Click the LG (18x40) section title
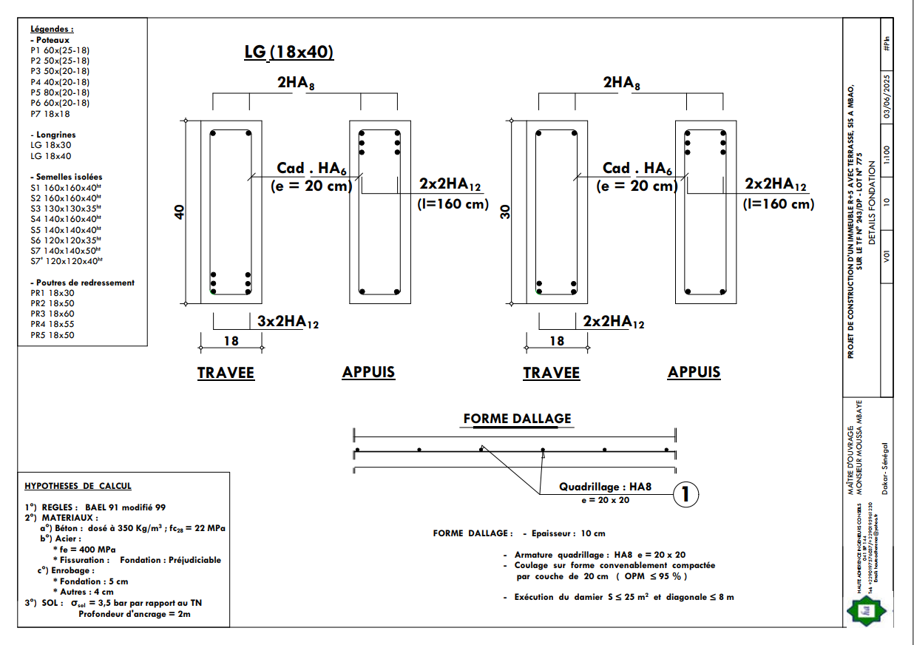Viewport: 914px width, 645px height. [289, 52]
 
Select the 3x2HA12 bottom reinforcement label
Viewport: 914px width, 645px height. [288, 322]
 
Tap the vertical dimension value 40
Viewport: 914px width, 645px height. [178, 212]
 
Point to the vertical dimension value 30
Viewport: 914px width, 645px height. [506, 212]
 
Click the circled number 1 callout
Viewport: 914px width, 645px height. [685, 495]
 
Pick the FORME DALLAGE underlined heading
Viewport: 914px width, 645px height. [517, 419]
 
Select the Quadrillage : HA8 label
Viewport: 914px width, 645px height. [605, 487]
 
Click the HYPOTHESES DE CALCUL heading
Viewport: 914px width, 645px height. [78, 486]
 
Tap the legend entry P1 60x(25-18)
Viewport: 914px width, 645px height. [60, 50]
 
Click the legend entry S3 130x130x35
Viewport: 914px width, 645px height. [64, 209]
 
